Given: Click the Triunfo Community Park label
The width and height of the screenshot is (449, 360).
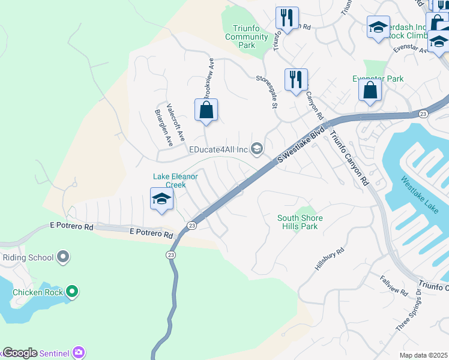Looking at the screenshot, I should point(247,37).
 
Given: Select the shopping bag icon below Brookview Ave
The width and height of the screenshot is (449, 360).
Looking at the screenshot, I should point(206,110).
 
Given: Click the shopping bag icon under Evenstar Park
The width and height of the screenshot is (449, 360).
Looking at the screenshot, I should point(370,91).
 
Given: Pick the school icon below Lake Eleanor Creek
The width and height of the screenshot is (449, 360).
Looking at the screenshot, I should point(161,199).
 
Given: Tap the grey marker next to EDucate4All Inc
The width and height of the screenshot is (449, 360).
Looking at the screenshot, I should point(257,149).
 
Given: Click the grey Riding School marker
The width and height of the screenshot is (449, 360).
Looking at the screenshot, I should point(64,258).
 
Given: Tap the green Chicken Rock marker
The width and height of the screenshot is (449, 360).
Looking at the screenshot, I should point(72,292).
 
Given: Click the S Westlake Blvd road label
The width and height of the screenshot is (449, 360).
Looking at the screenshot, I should point(301,145).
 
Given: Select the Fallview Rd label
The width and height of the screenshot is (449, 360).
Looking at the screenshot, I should point(394,285).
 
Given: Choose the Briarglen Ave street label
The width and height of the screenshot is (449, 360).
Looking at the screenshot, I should point(164,128).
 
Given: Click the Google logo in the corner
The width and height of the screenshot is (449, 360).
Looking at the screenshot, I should point(19,353).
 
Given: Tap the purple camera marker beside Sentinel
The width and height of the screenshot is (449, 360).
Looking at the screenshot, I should point(79,352).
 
